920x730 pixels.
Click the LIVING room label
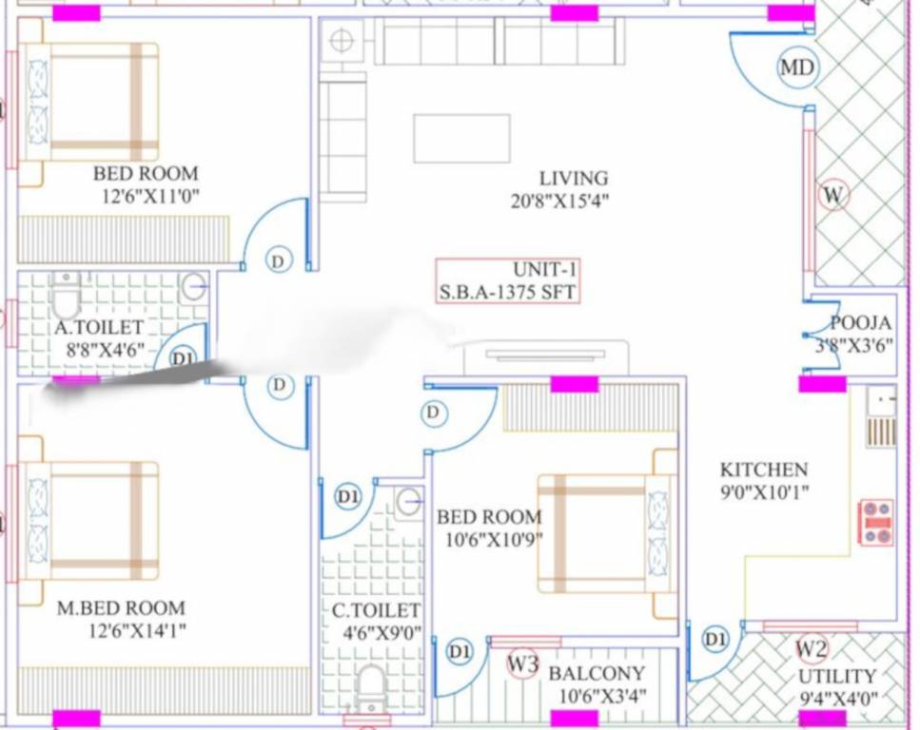click(573, 178)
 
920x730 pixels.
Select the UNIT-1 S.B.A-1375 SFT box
click(507, 280)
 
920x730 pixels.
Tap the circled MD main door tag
click(796, 67)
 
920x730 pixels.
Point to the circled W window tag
click(833, 196)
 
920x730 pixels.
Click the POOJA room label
click(860, 323)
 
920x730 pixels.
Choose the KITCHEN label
click(763, 470)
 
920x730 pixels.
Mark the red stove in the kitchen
click(875, 523)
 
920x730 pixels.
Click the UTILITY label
click(836, 676)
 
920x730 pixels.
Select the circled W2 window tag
click(811, 649)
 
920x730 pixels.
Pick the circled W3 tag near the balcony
click(522, 663)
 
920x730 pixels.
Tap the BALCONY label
click(597, 674)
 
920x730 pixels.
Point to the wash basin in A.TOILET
click(193, 285)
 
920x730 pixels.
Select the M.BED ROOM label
click(121, 608)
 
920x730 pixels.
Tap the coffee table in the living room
click(461, 139)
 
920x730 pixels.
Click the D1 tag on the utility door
click(715, 640)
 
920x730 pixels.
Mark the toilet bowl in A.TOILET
click(66, 298)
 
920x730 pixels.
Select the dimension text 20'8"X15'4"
click(558, 201)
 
